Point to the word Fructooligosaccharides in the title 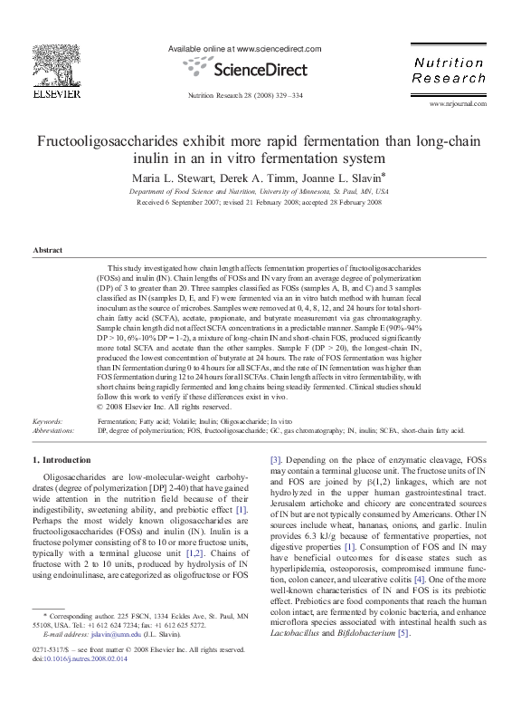tap(121, 143)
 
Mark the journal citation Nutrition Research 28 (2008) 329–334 tap(245, 94)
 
